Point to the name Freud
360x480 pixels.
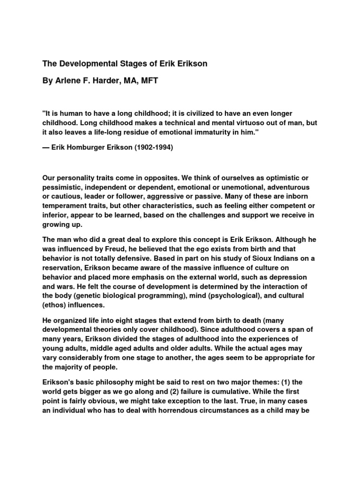(116, 249)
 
